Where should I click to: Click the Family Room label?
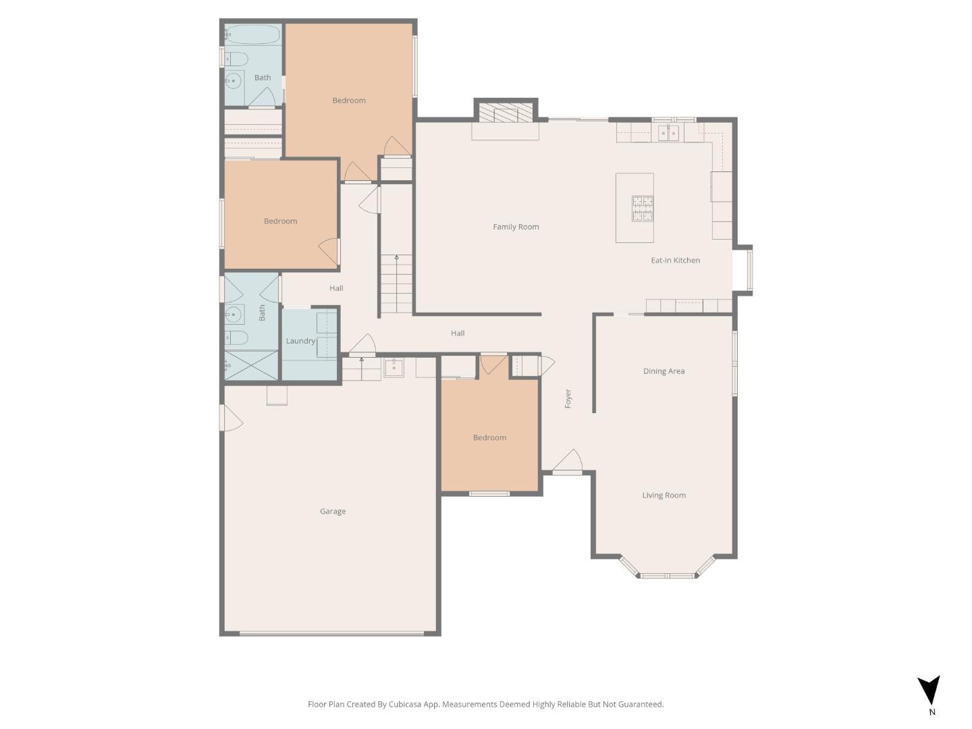(516, 227)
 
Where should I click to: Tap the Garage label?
(333, 512)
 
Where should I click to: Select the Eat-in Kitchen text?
(675, 261)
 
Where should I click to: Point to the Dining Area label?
(664, 371)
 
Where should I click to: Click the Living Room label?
(664, 495)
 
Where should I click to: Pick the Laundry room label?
(300, 341)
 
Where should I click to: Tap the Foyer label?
(568, 398)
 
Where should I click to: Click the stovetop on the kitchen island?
(642, 209)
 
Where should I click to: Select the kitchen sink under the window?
(668, 133)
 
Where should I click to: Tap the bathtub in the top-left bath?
(252, 34)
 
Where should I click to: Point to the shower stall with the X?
(251, 365)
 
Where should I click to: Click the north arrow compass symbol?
(929, 691)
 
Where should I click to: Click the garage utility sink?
(394, 368)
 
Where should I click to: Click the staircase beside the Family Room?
(396, 283)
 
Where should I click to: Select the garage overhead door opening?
(331, 633)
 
